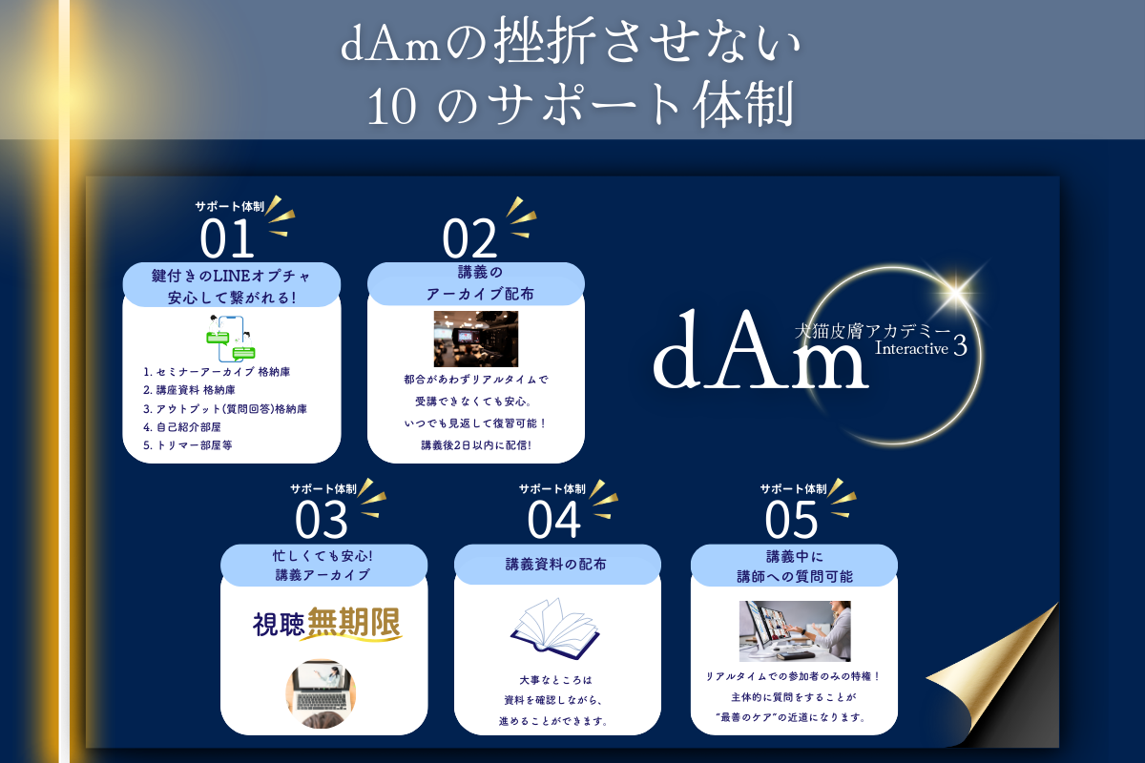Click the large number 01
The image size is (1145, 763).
click(228, 238)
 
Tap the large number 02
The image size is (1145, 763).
click(469, 238)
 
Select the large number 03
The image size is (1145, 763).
click(322, 520)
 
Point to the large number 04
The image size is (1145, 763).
click(553, 520)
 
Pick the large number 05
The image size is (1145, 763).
click(792, 520)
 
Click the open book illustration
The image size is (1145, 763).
click(554, 625)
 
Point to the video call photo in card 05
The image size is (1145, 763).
click(794, 630)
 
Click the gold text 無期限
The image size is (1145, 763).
click(354, 624)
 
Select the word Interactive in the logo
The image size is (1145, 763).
click(912, 349)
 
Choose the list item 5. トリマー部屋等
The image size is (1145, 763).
click(188, 444)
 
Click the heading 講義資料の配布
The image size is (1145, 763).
click(555, 565)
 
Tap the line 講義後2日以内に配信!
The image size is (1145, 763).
click(475, 444)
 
